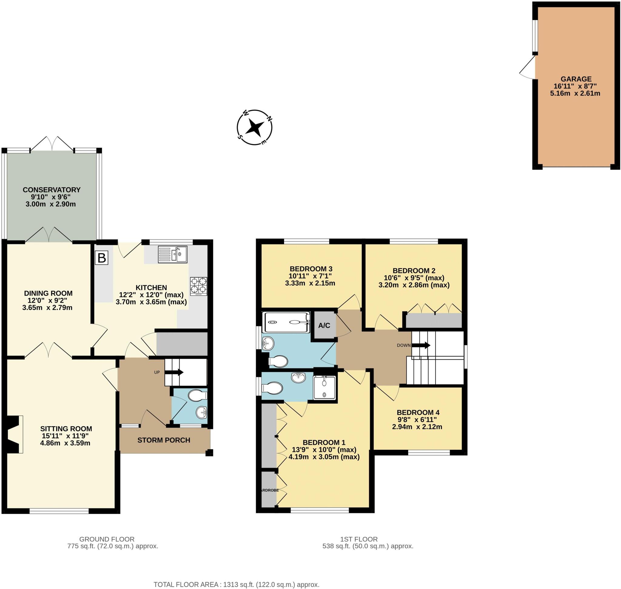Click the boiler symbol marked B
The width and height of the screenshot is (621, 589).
(101, 258)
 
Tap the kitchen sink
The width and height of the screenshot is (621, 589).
(172, 254)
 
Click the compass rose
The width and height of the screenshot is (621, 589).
(254, 127)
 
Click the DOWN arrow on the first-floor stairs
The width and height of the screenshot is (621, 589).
(421, 345)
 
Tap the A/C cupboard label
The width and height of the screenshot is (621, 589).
(324, 325)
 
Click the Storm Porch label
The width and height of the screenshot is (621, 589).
(163, 440)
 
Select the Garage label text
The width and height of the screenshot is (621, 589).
(576, 79)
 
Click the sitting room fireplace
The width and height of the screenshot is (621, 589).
(13, 435)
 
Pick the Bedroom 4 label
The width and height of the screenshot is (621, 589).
(418, 412)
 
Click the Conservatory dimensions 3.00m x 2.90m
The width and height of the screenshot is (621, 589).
(51, 204)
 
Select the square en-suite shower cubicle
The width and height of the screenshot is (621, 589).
(324, 388)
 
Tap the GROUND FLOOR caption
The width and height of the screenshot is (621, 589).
(107, 539)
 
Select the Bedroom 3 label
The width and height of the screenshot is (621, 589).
(310, 269)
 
